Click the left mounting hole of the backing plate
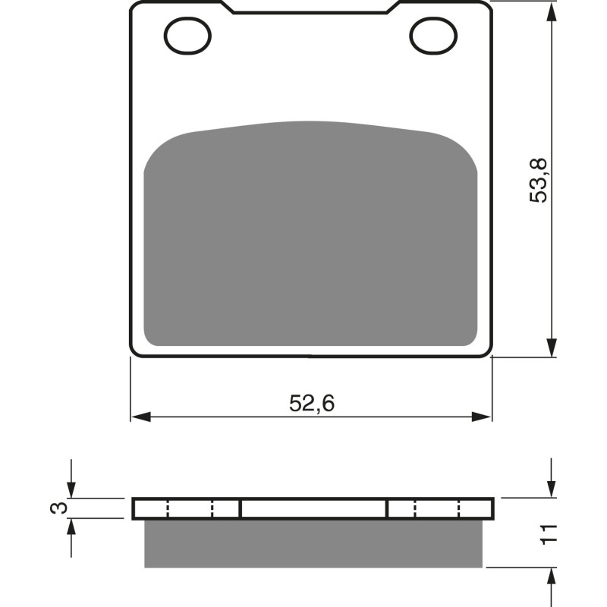[186, 34]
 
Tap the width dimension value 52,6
[311, 404]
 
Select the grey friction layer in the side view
[313, 543]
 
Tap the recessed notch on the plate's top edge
[311, 9]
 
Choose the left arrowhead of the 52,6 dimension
[140, 417]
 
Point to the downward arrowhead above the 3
[71, 490]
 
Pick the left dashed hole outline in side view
[190, 508]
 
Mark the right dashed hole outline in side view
[437, 508]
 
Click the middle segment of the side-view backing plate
[313, 508]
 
